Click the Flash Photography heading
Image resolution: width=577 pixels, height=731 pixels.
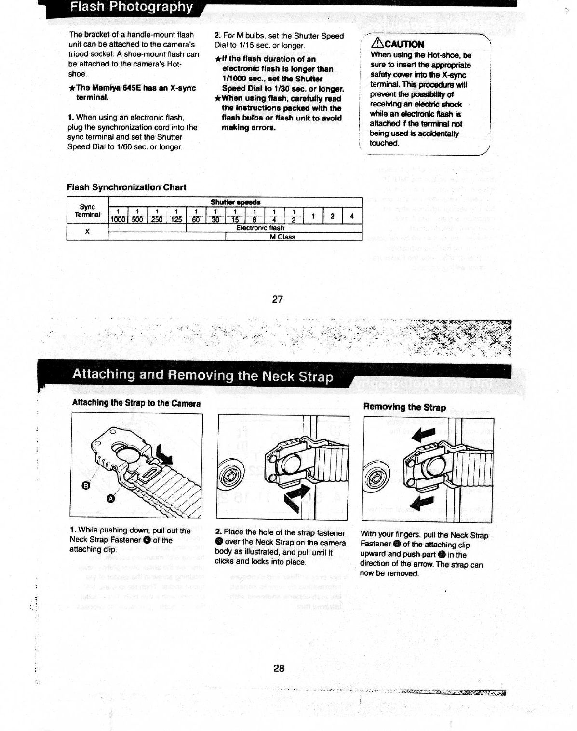tap(131, 7)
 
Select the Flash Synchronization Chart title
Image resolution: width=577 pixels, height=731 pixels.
tap(126, 187)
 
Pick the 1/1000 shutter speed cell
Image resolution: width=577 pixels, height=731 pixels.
tap(118, 215)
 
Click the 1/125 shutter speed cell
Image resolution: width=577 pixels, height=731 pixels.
tap(176, 215)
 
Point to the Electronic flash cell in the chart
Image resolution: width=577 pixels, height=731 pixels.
tap(260, 228)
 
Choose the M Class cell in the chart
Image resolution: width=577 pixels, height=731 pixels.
tap(282, 237)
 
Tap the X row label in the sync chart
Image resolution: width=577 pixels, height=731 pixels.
tap(87, 232)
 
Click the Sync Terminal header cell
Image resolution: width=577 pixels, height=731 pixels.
tap(87, 211)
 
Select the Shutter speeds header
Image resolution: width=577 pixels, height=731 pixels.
tap(235, 202)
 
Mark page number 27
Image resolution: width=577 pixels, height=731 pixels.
tap(278, 299)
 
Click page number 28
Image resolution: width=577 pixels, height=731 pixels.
tap(279, 668)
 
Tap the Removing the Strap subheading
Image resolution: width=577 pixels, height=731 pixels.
tap(404, 407)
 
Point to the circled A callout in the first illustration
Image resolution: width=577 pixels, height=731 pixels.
tap(110, 499)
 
